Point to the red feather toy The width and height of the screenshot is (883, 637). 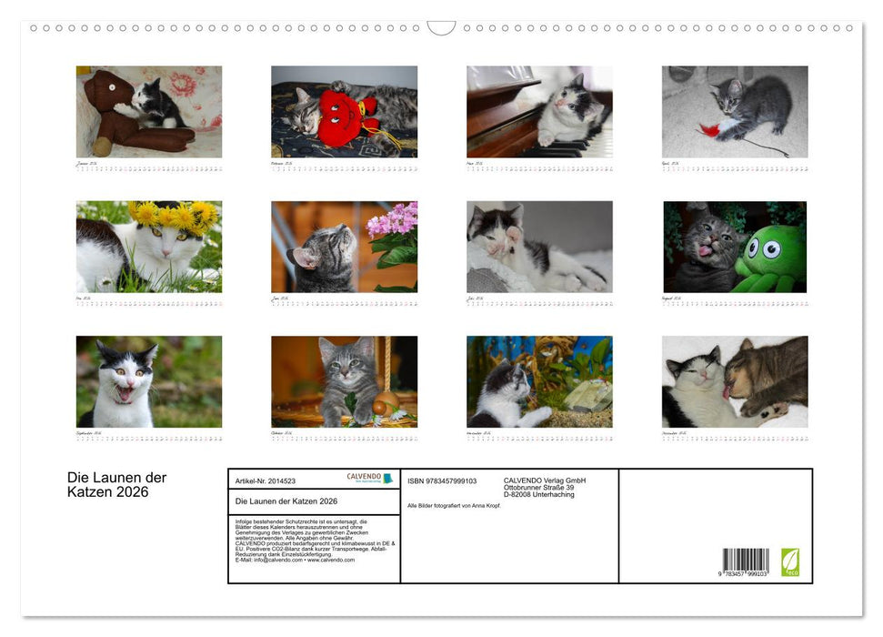[x=709, y=130]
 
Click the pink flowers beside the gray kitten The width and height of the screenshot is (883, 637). [x=393, y=222]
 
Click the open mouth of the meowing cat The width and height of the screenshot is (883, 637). [x=123, y=393]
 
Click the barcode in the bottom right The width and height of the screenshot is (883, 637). [x=746, y=561]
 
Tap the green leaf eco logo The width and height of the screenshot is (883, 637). [x=790, y=561]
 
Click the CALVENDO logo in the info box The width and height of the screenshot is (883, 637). [x=369, y=478]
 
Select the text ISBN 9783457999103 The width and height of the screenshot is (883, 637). [x=443, y=480]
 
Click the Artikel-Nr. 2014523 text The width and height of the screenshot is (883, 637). [x=265, y=480]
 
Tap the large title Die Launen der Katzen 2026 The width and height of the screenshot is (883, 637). [x=116, y=485]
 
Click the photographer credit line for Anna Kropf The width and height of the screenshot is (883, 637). [x=453, y=504]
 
